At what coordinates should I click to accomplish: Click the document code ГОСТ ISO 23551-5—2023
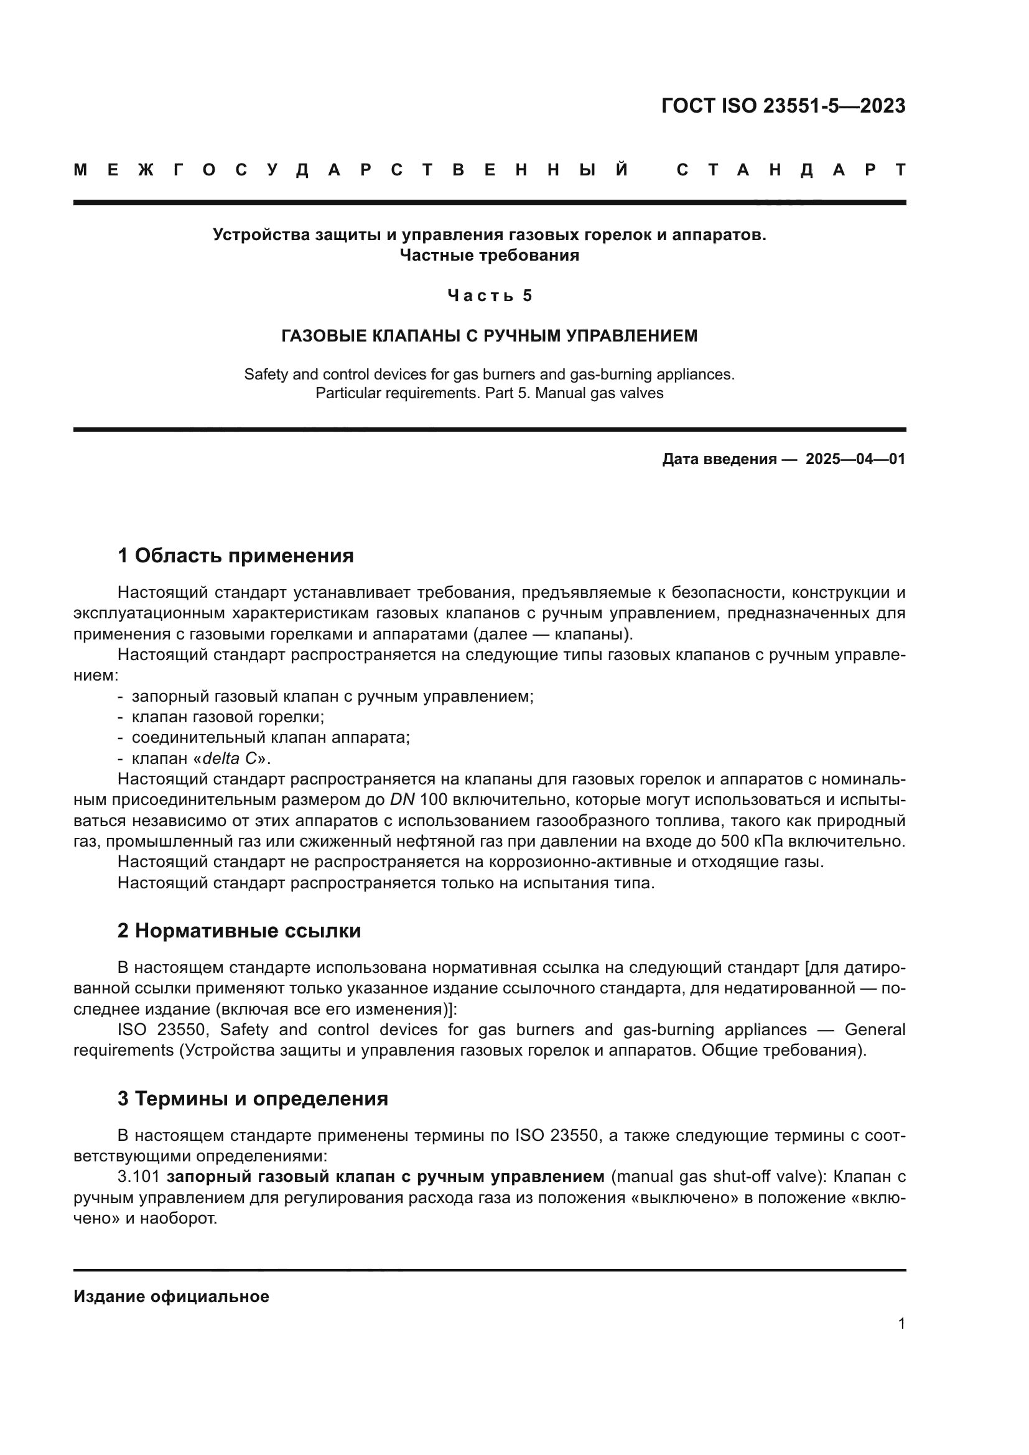(783, 106)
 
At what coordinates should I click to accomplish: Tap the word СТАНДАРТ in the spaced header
(791, 170)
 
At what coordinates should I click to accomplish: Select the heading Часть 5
(489, 295)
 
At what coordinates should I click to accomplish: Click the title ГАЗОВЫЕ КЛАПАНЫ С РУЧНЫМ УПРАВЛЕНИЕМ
(489, 336)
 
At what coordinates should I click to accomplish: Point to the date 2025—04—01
(855, 459)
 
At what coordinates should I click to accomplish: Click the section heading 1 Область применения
(235, 556)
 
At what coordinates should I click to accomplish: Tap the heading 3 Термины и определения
(252, 1098)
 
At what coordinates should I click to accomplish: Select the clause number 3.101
(138, 1177)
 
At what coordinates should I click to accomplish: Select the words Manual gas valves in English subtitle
(599, 393)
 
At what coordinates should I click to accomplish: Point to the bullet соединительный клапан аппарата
(271, 738)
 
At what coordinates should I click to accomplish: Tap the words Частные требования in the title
(489, 256)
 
